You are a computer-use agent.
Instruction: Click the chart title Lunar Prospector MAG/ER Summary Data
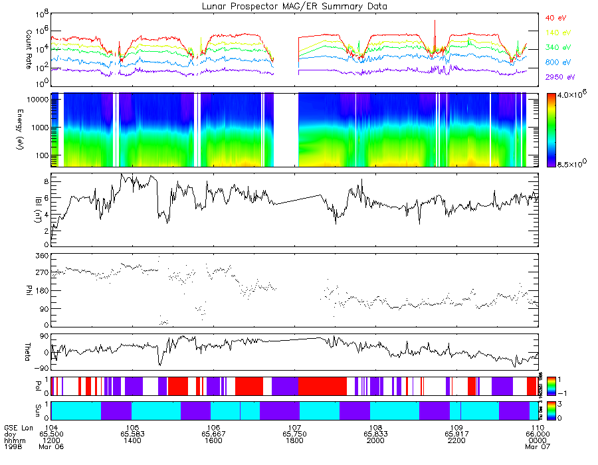tap(296, 6)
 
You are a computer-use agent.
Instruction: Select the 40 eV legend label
tap(556, 18)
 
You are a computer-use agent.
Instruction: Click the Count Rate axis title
tap(29, 43)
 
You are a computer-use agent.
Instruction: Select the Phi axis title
tap(29, 290)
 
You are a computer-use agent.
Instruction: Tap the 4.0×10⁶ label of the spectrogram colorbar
tap(572, 96)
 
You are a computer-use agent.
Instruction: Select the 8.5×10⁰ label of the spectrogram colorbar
tap(572, 164)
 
